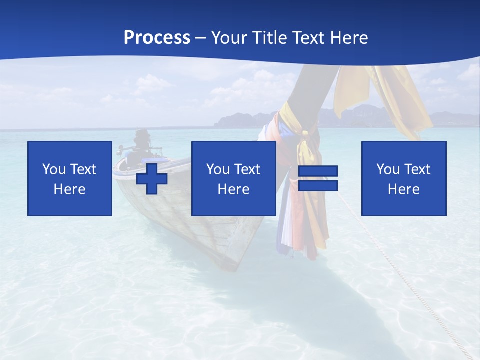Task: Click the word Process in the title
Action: pos(157,38)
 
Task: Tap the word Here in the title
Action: pos(347,38)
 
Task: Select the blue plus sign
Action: pos(152,179)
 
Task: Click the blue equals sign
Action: pos(318,178)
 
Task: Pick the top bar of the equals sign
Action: pos(318,171)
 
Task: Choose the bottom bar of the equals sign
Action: pos(318,185)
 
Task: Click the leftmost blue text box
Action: pos(70,178)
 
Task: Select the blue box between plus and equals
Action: pos(233,178)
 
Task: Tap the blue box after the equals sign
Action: pos(404,178)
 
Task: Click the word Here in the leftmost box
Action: pos(70,189)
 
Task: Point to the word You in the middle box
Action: pos(218,169)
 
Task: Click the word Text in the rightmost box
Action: pos(418,169)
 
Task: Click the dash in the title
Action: pos(200,38)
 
